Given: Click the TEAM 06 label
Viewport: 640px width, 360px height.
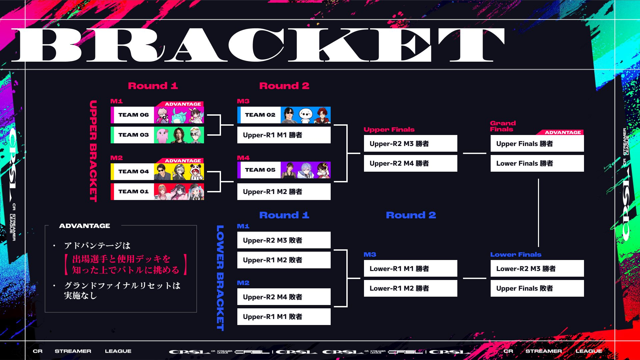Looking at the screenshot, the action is coord(133,115).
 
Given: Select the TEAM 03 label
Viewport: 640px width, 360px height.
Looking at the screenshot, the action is coord(133,135).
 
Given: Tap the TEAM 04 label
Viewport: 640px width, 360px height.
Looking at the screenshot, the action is coord(133,172).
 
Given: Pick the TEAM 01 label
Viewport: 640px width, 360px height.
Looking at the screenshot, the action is coord(133,192).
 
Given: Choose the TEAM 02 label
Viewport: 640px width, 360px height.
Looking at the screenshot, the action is coord(260,115).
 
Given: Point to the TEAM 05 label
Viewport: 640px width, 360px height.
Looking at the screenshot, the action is coord(260,170).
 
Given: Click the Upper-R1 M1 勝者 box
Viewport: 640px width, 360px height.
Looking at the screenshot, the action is coord(284,135).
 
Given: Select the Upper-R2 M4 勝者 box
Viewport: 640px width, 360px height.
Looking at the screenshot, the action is coord(411,163).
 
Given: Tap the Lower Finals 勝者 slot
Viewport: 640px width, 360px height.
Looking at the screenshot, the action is coord(537,163).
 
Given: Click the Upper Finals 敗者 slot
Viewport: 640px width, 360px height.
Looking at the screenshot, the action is coord(537,288).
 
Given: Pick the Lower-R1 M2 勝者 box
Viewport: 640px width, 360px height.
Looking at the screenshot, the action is coord(411,288).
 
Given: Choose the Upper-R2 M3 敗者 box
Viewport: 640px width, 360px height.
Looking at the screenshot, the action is coord(284,240).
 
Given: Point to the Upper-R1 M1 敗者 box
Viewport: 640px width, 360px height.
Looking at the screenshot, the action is coord(284,317).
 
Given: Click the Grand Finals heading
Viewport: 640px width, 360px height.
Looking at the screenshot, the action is coord(503,126).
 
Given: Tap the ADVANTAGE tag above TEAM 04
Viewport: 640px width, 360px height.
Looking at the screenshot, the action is coord(183,161).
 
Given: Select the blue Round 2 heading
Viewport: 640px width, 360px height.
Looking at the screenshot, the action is coord(411,215).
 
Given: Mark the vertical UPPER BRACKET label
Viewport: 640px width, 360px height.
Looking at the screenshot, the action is coord(93,151).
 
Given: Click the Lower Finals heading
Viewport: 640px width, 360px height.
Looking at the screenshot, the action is coord(516,255).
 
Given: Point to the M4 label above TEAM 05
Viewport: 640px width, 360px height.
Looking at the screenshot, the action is coord(243,158).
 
